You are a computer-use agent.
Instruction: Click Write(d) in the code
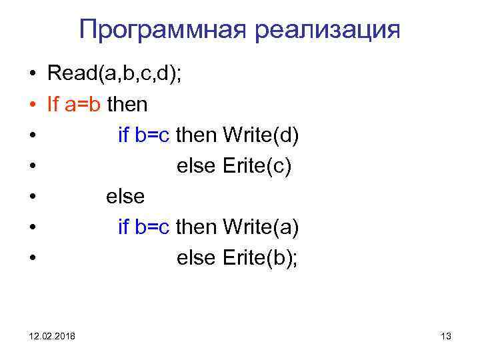261,135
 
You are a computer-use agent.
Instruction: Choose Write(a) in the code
261,227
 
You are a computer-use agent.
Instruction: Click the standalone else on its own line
125,197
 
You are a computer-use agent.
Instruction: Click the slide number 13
446,337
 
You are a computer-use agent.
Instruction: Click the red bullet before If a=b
32,105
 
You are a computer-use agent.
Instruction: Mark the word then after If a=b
127,105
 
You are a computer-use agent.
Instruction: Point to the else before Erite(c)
194,166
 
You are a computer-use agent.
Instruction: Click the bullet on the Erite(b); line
32,259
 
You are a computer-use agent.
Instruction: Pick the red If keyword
53,105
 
